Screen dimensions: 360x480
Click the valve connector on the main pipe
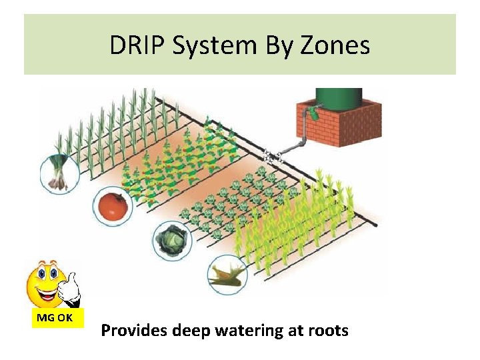pos(272,157)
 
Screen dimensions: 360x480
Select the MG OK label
pos(55,318)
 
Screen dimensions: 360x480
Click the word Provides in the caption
pos(134,330)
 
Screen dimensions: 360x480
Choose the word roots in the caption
pos(327,330)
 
